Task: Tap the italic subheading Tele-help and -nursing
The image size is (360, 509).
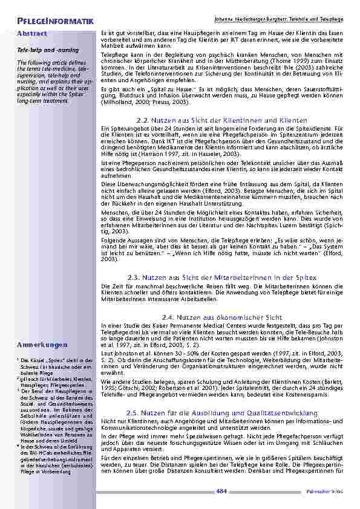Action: (43, 53)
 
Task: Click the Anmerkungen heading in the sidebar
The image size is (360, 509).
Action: (42, 345)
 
